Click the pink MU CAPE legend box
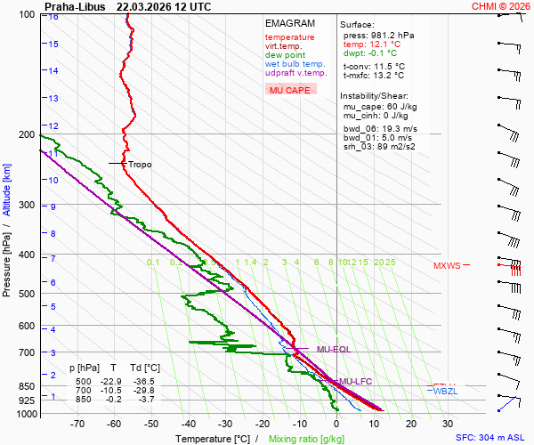click(290, 90)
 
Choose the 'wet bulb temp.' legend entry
click(295, 64)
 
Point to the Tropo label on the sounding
click(140, 165)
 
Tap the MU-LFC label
click(356, 381)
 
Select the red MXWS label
click(448, 265)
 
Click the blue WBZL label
click(444, 392)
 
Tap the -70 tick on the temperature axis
click(77, 425)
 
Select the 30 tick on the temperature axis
click(448, 425)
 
